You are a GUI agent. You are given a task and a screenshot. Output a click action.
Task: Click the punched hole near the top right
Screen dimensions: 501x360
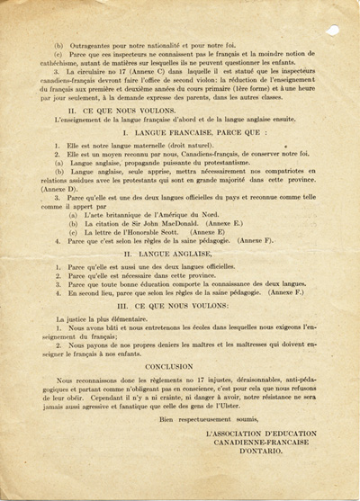click(334, 30)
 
